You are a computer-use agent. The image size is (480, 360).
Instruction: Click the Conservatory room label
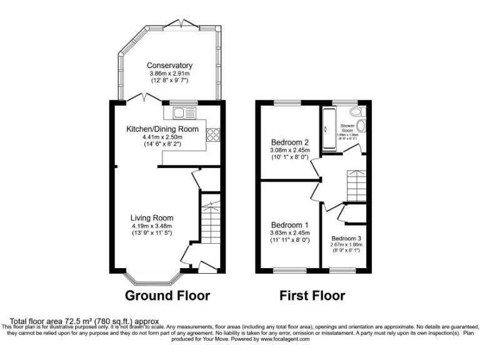[x=169, y=66]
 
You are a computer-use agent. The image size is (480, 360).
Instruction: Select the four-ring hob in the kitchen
[x=212, y=133]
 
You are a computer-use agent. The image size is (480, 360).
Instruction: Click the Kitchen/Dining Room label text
[x=162, y=129]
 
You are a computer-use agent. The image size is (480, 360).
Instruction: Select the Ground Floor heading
[x=167, y=295]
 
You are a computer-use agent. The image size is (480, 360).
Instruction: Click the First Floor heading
[x=312, y=295]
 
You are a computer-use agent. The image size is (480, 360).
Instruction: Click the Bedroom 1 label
[x=289, y=225]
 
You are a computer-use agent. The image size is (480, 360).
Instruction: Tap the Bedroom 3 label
[x=347, y=238]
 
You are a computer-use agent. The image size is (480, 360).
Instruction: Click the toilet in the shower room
[x=357, y=112]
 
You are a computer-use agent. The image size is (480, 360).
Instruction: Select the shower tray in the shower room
[x=329, y=128]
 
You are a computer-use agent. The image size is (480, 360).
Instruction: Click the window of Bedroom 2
[x=287, y=102]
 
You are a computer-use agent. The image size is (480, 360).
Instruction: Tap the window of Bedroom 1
[x=287, y=271]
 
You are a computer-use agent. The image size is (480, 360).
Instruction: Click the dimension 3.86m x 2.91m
[x=169, y=74]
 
